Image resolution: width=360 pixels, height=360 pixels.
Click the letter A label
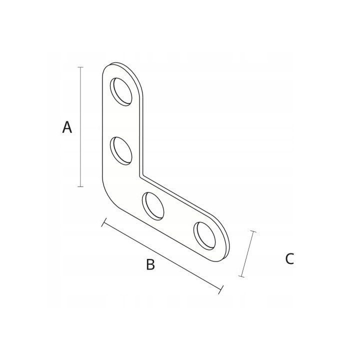click(x=67, y=127)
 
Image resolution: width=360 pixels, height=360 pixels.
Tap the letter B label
click(x=150, y=264)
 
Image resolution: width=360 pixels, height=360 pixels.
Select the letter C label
click(x=289, y=259)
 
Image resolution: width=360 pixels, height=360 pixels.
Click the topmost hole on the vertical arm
click(x=121, y=92)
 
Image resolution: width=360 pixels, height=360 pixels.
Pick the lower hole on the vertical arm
click(x=121, y=151)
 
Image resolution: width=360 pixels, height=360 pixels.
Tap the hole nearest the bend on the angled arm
click(x=153, y=206)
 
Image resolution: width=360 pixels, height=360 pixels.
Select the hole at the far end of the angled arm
click(x=204, y=236)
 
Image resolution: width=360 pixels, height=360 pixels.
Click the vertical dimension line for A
click(x=80, y=127)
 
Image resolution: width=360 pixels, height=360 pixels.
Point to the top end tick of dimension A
click(x=80, y=67)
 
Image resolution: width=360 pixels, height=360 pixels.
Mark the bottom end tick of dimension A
click(x=80, y=186)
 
